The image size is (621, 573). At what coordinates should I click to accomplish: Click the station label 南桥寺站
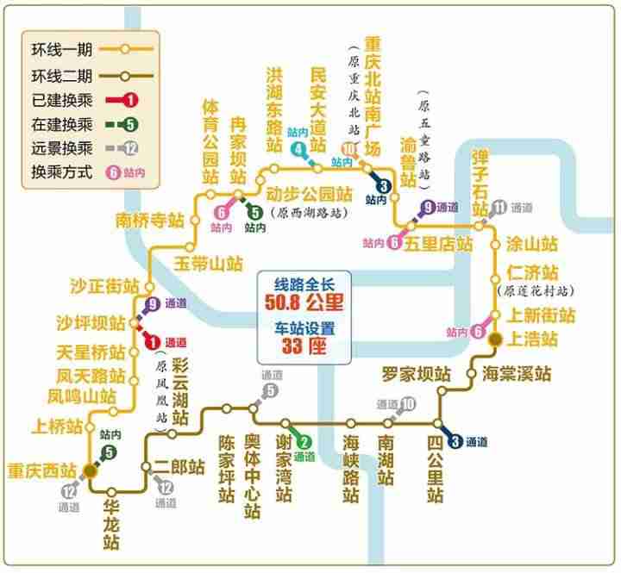coord(150,221)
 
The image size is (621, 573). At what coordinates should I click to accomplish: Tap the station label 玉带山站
coord(209,264)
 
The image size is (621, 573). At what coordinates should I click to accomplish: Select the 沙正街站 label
coord(104,286)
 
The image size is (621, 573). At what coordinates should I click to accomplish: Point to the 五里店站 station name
coord(438,243)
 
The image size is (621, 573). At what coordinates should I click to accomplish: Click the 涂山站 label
coord(532,244)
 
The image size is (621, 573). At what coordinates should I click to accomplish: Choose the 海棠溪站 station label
coord(517,374)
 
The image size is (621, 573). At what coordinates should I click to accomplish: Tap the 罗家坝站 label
coord(417,374)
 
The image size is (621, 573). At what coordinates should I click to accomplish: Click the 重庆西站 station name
coord(42,471)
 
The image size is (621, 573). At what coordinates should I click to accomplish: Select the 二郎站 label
coord(179,467)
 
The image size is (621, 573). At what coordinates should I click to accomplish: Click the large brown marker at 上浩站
coord(495,339)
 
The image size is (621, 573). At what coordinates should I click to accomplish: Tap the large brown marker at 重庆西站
coord(90,471)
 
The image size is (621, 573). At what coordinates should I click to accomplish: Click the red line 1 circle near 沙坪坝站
coord(153,342)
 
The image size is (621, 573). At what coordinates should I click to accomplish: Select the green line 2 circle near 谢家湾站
coord(304,442)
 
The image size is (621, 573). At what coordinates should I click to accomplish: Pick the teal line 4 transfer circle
coord(298,150)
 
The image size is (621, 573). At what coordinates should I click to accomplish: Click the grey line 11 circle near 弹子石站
coord(499,207)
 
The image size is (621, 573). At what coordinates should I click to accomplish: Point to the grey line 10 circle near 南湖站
coord(408,404)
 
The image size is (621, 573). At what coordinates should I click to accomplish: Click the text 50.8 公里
coord(304,302)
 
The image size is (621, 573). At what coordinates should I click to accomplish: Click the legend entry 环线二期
coord(62,76)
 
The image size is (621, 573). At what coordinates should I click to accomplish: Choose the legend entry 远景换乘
coord(62,148)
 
